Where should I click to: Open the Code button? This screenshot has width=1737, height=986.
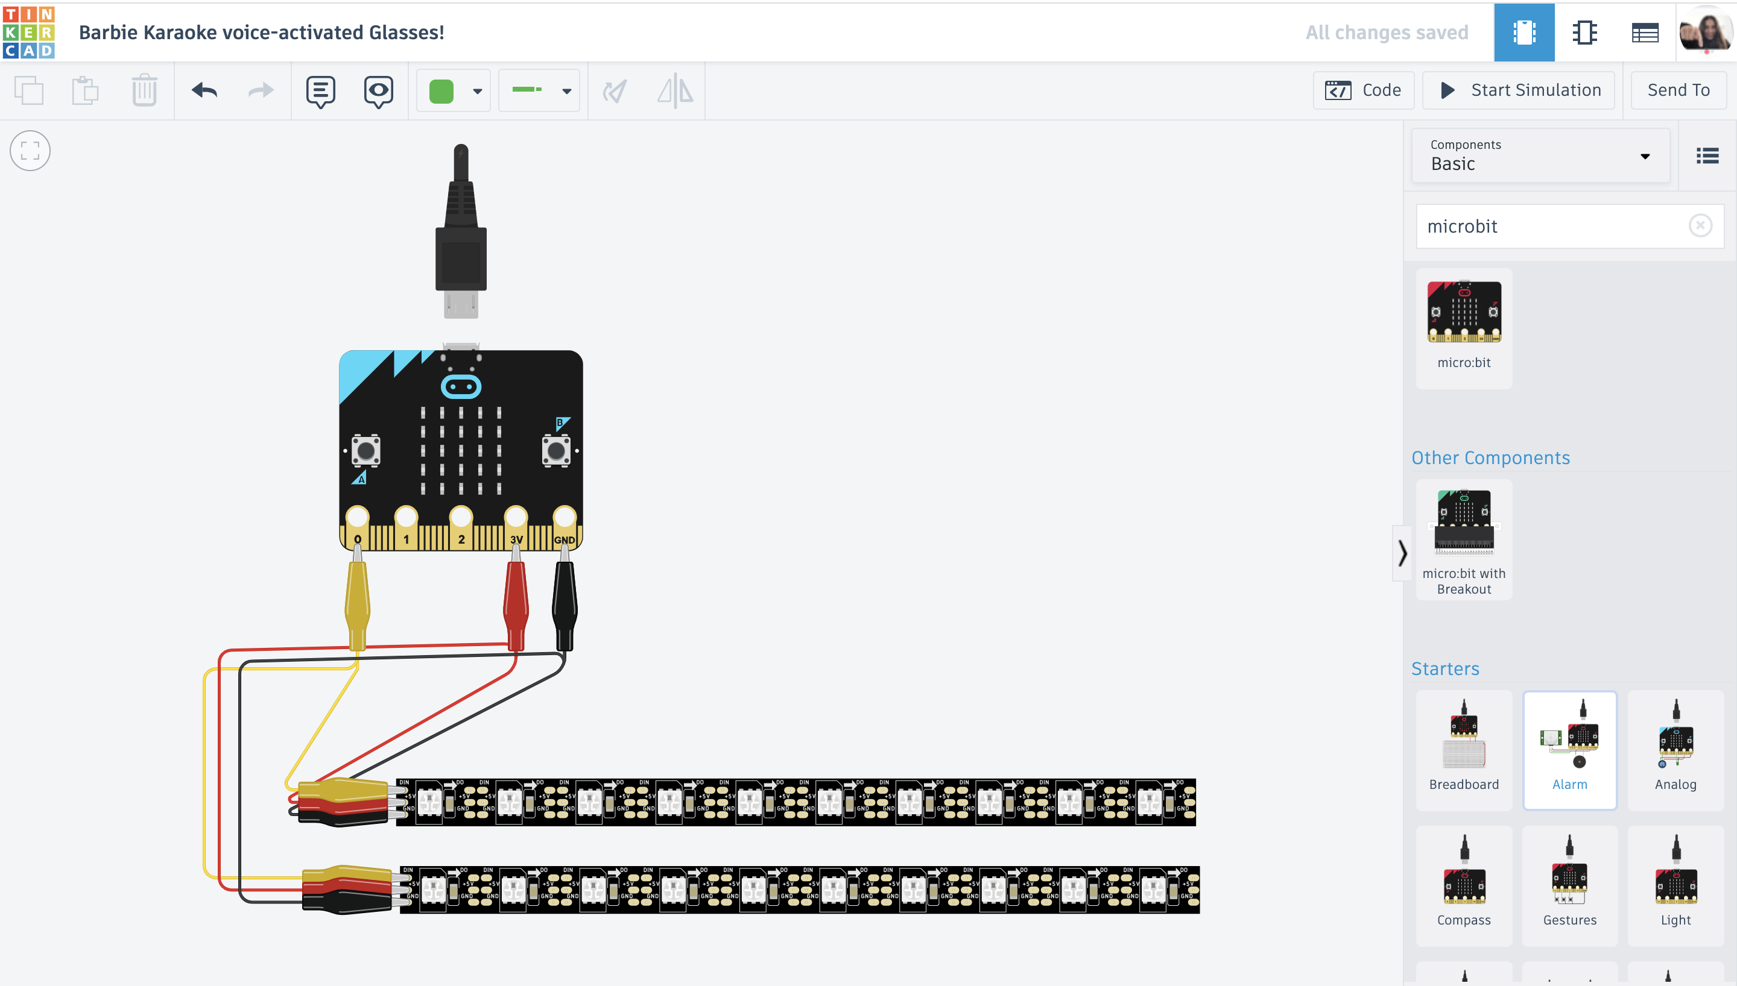1363,90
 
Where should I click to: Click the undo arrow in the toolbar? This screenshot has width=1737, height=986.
204,90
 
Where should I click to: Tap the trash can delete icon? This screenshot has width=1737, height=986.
144,90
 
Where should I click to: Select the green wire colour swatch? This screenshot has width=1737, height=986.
441,91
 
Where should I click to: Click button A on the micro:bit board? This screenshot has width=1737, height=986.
366,450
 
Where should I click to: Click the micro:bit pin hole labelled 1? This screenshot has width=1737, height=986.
406,517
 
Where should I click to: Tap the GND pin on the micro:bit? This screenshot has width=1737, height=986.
565,517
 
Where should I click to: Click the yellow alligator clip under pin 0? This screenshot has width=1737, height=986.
357,603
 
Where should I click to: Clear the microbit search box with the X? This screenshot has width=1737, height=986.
1700,225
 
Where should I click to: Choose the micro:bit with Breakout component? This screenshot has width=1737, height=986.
1463,538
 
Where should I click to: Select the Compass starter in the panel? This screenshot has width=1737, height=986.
1463,884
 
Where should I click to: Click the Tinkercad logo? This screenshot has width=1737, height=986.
28,32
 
